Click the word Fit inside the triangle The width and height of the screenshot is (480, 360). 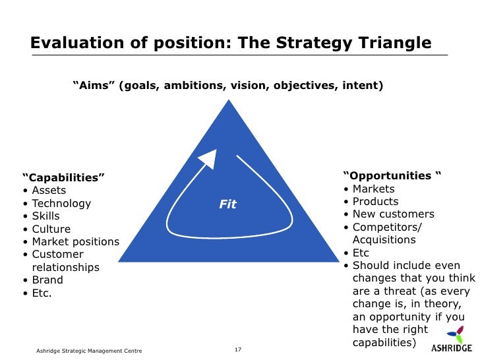[x=227, y=204]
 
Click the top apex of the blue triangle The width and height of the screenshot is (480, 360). [x=229, y=102]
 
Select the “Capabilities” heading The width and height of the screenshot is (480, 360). [x=63, y=178]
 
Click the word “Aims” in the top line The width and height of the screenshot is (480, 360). [x=94, y=86]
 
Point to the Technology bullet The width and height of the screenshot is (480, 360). [x=61, y=204]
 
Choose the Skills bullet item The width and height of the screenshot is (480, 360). [x=45, y=216]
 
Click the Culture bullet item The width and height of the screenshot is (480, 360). [x=51, y=229]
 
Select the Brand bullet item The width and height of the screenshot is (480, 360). [x=47, y=280]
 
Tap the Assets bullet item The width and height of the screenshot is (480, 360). [x=49, y=191]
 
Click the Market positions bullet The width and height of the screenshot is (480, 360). [x=75, y=242]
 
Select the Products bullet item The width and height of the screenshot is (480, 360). [x=375, y=202]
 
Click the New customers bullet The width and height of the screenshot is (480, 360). [x=393, y=214]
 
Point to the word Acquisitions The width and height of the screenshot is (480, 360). [x=384, y=240]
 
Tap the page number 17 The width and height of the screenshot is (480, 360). [x=239, y=349]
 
